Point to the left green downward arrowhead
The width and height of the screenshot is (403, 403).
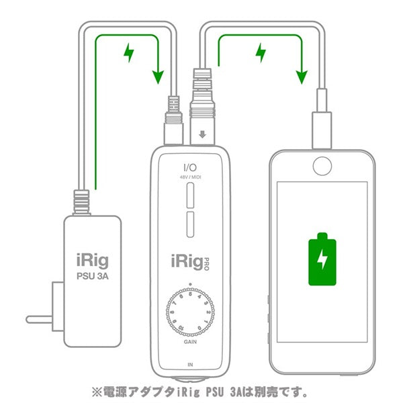(158, 76)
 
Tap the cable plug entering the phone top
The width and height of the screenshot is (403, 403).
(320, 128)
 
